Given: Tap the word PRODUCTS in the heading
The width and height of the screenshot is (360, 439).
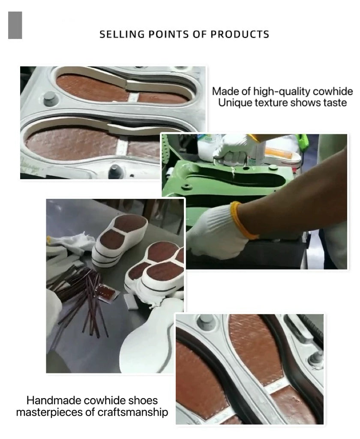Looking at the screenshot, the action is click(240, 34).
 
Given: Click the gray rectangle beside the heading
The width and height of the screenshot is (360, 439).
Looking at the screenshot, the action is click(15, 25).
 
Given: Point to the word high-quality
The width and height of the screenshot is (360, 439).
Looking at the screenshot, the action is click(282, 92).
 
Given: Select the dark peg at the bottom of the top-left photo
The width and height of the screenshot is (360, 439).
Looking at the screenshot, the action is click(114, 171).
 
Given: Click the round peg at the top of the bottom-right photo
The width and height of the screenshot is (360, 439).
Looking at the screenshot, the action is click(206, 322).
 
